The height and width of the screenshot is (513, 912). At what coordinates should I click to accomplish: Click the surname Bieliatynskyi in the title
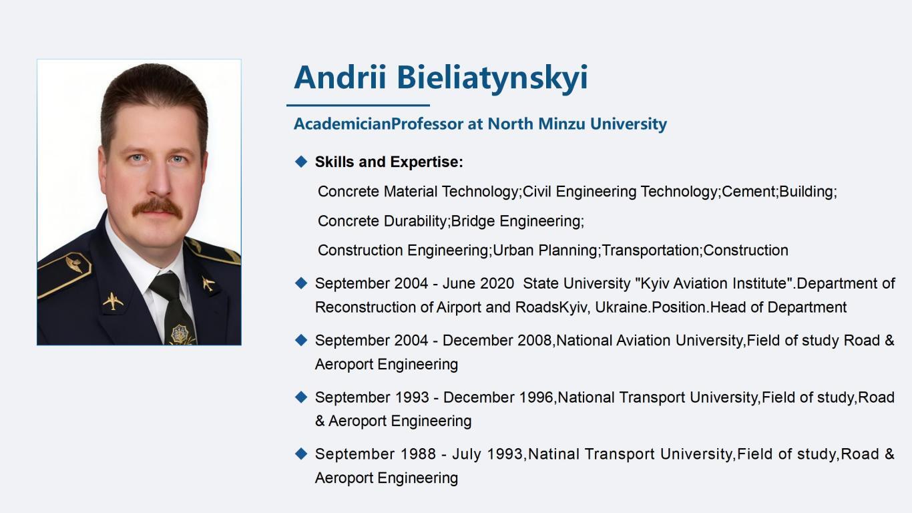click(492, 78)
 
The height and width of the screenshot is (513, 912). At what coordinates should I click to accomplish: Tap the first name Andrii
click(340, 77)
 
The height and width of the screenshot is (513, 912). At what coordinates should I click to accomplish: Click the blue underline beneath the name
click(359, 105)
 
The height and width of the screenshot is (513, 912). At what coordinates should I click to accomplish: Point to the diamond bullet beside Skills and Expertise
click(301, 162)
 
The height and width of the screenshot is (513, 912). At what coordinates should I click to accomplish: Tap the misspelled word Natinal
click(553, 454)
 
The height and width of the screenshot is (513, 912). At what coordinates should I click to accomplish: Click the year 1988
click(419, 454)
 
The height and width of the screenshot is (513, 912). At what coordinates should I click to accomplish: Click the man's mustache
click(157, 208)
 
